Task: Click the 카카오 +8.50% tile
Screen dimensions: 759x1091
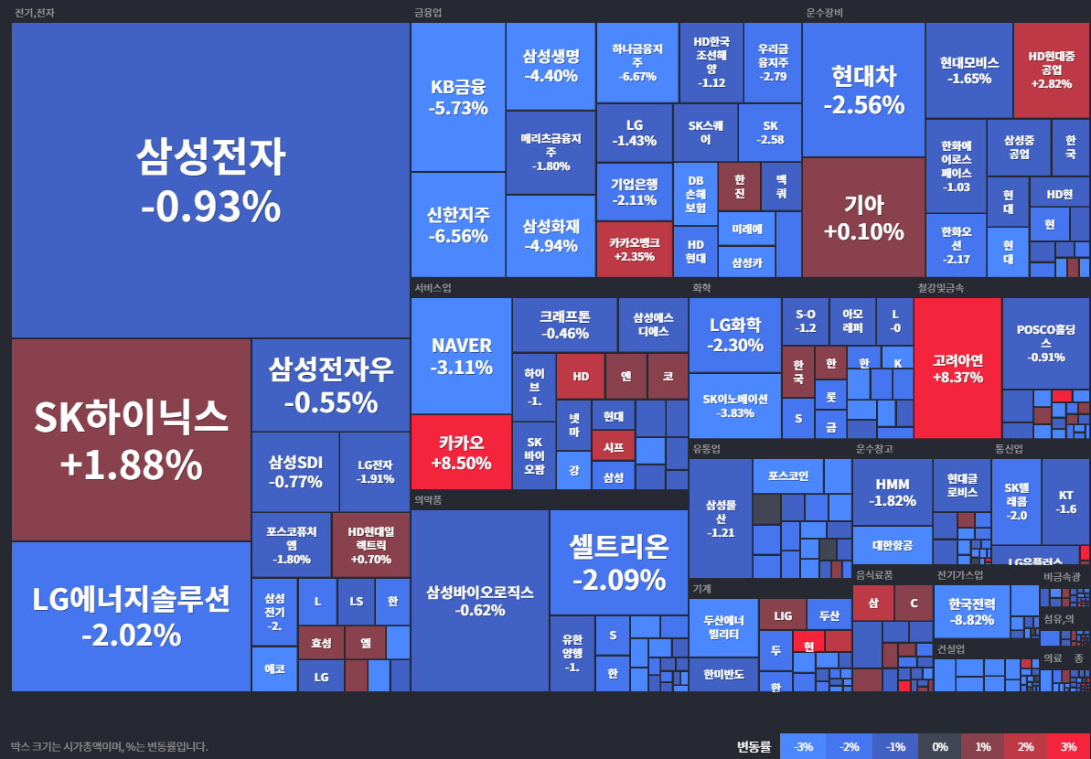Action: click(460, 452)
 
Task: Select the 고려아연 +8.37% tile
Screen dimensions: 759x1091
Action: click(957, 368)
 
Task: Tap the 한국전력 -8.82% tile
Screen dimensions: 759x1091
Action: click(971, 611)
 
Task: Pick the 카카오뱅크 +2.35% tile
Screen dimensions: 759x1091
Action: click(633, 249)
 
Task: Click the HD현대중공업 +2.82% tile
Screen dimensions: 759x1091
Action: click(1051, 69)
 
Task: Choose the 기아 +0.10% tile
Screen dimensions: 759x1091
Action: click(863, 218)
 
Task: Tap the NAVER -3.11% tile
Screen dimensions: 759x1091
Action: click(461, 356)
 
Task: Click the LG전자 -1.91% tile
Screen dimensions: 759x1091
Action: click(375, 471)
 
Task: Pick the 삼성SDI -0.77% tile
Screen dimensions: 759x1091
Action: click(295, 471)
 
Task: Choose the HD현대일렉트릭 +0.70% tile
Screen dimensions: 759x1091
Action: click(370, 544)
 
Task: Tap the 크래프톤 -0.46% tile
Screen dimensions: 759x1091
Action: click(564, 324)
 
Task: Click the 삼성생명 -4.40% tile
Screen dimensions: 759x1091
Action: click(551, 66)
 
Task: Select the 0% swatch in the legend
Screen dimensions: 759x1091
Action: click(939, 746)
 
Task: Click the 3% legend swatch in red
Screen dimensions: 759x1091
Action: click(1068, 746)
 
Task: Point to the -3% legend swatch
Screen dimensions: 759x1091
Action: click(804, 746)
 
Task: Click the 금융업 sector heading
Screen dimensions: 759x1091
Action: click(428, 13)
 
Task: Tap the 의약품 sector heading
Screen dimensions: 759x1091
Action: click(428, 500)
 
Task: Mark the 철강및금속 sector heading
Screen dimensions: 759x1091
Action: click(940, 288)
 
